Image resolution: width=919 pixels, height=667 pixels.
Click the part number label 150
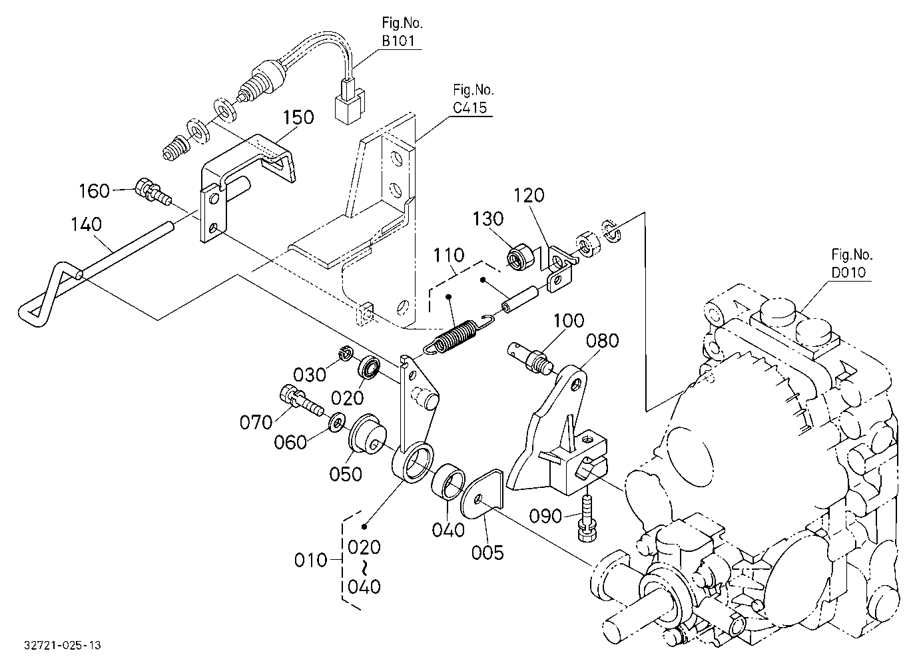(298, 117)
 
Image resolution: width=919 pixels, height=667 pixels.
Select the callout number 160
(94, 191)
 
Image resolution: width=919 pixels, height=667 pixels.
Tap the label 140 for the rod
(86, 224)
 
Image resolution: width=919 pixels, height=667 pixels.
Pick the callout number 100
(569, 320)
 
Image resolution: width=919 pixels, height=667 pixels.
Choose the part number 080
(602, 340)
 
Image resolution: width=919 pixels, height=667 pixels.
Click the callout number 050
(346, 475)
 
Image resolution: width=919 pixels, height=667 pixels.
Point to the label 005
(487, 553)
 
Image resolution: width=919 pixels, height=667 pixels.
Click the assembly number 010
(310, 560)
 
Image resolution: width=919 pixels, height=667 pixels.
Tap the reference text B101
(398, 41)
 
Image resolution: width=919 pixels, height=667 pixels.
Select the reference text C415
(469, 107)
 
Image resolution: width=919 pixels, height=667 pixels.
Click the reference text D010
(848, 272)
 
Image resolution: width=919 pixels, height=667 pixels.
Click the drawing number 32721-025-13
(62, 645)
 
